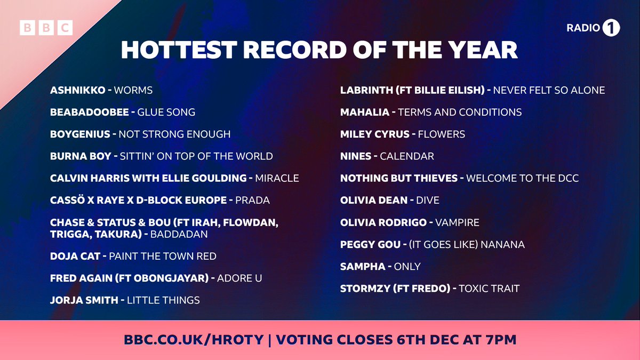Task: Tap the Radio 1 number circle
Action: point(611,28)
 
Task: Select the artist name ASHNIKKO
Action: point(78,90)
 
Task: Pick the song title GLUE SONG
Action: point(166,112)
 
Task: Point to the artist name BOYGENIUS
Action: point(81,134)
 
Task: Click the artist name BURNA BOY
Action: point(81,156)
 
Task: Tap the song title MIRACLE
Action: point(277,178)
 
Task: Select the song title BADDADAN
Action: point(179,234)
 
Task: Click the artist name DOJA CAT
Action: point(75,256)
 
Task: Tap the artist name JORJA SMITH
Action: point(84,300)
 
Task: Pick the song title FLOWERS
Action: point(442,134)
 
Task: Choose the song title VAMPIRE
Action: point(457,222)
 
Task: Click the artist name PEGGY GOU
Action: point(370,244)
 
